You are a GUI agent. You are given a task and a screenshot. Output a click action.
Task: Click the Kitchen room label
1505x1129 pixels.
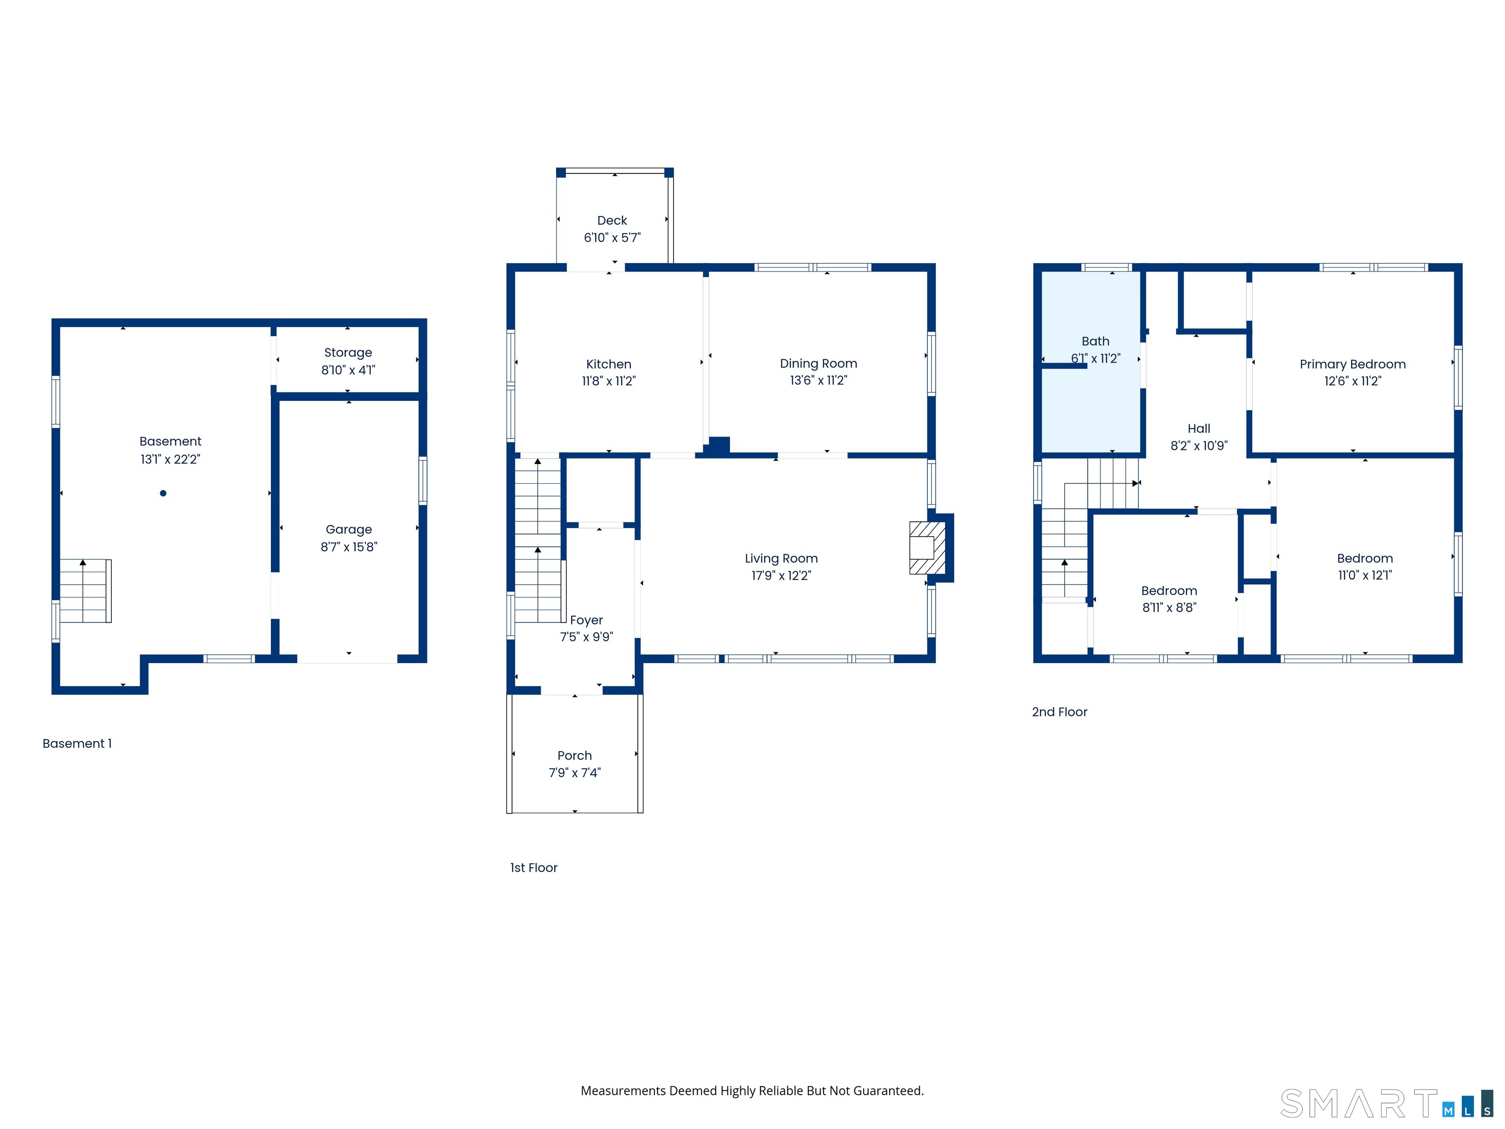(608, 364)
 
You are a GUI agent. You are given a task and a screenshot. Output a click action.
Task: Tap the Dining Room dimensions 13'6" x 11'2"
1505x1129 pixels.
(819, 380)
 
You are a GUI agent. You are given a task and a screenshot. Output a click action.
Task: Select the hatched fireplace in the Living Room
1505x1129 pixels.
(927, 548)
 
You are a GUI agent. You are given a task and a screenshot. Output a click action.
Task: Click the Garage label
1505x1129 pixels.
(348, 529)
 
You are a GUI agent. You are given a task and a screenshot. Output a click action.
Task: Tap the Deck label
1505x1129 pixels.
(612, 221)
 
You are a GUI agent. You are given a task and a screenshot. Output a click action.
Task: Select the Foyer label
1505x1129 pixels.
(586, 620)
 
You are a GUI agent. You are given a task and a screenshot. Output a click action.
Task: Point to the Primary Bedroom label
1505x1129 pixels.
(1353, 364)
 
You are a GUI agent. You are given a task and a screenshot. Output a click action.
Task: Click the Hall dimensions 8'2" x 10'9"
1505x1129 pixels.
(1199, 446)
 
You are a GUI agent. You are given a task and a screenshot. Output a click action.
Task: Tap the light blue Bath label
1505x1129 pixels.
(1095, 341)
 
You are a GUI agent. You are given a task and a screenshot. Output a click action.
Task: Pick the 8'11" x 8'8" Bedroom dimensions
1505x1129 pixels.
(1169, 608)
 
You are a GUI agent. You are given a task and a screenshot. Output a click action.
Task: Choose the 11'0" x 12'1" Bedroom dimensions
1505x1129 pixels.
(1365, 575)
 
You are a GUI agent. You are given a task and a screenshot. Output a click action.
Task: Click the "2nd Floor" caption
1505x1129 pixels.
(1059, 712)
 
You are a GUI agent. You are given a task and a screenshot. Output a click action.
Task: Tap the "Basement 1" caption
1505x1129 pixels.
(77, 744)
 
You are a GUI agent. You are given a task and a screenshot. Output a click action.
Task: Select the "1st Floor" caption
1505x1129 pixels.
(534, 868)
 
